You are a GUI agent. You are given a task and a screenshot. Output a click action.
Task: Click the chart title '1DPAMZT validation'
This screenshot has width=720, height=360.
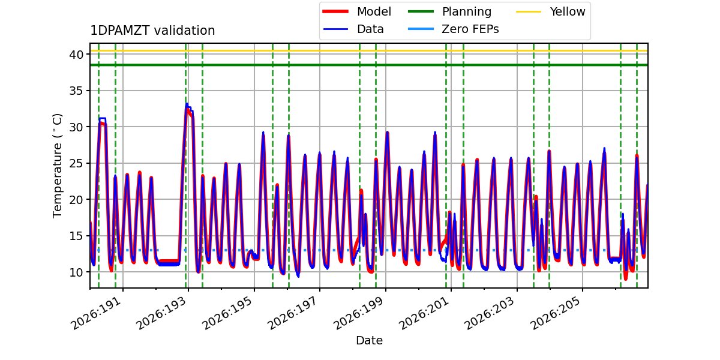[x=152, y=31]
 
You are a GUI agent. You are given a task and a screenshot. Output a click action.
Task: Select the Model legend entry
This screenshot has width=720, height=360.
[x=357, y=11]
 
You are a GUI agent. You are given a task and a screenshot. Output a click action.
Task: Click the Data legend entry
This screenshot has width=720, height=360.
[x=353, y=29]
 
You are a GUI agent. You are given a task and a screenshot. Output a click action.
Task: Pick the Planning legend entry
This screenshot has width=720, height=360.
[x=449, y=11]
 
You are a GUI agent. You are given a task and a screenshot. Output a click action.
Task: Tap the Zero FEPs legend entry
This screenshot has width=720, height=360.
[x=453, y=29]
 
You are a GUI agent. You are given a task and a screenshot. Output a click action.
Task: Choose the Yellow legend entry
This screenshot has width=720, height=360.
[x=551, y=11]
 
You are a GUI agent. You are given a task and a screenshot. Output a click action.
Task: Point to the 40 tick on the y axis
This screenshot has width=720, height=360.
[x=76, y=55]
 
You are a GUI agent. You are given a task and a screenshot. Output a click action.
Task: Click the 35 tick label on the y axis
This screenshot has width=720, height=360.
[x=76, y=91]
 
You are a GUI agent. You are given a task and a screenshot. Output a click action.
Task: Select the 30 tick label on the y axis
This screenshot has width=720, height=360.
[x=76, y=127]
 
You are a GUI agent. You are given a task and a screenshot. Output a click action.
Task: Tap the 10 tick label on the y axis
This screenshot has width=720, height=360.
[x=76, y=272]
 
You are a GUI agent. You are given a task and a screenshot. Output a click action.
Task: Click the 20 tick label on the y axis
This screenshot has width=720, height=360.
[x=76, y=200]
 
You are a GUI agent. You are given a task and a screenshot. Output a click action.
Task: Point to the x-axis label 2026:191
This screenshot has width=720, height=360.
[x=97, y=313]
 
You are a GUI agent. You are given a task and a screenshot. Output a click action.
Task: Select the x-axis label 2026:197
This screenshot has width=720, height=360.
[x=293, y=313]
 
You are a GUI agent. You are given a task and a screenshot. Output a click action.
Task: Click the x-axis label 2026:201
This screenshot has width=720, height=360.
[x=425, y=313]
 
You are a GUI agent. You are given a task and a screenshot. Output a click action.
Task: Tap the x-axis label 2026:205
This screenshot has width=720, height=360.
[x=556, y=313]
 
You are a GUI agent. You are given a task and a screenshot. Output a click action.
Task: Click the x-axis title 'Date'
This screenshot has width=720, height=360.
[x=369, y=340]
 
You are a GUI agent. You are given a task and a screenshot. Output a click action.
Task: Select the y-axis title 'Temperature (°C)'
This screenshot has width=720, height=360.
[x=57, y=166]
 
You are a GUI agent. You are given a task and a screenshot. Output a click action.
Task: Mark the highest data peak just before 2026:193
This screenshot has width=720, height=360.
[x=187, y=104]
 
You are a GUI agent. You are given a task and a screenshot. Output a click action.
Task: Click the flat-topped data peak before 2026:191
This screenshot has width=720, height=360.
[x=102, y=119]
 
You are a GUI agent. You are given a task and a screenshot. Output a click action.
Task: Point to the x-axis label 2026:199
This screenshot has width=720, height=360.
[x=359, y=313]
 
